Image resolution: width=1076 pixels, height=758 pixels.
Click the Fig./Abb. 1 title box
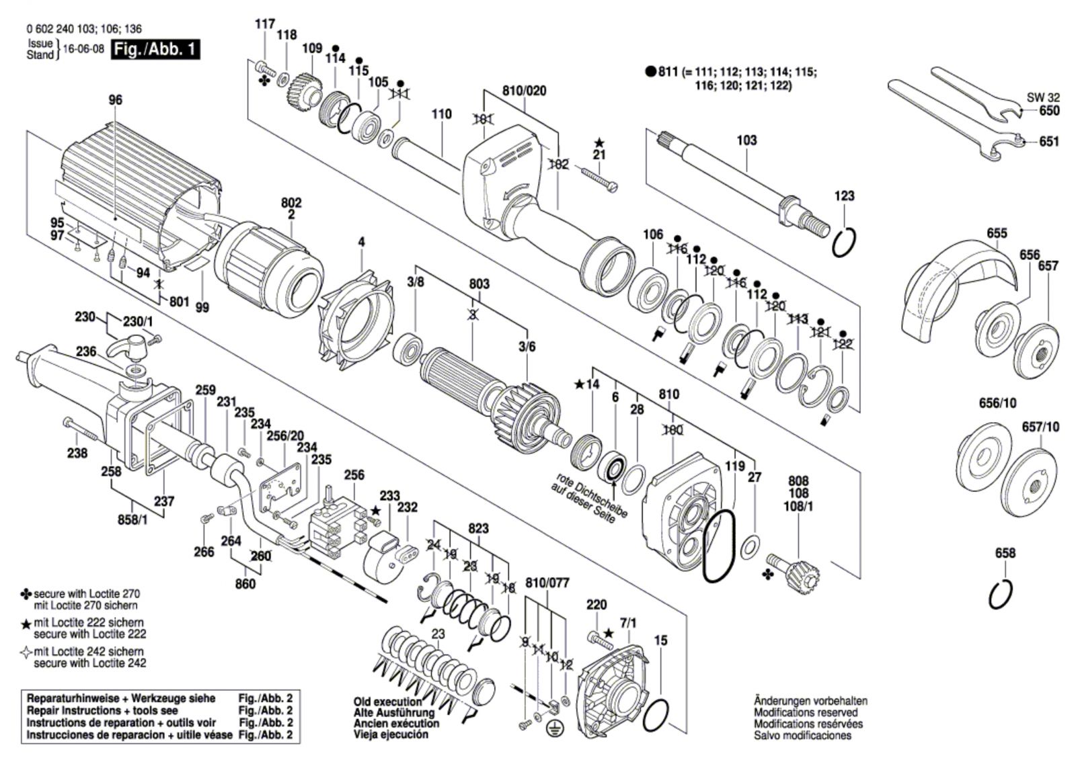(155, 50)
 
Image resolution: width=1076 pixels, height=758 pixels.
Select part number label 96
(115, 100)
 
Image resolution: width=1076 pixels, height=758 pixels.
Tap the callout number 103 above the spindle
(746, 140)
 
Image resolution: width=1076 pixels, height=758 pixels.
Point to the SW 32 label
(1043, 97)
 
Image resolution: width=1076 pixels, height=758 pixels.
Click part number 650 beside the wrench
(1049, 110)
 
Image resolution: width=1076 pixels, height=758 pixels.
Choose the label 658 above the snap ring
(1005, 553)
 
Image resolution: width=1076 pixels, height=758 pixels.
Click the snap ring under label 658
(1001, 595)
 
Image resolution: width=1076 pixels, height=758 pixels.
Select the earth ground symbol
(555, 730)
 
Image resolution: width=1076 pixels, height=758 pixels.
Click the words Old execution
(387, 702)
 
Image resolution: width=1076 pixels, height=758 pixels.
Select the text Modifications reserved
(806, 712)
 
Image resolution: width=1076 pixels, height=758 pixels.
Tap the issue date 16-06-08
(83, 49)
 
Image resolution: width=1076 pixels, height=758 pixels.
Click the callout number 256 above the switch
(354, 475)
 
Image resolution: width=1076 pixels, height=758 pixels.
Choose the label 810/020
(525, 91)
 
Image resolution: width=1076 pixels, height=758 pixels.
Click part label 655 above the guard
(997, 233)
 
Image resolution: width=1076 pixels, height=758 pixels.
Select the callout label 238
(77, 453)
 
